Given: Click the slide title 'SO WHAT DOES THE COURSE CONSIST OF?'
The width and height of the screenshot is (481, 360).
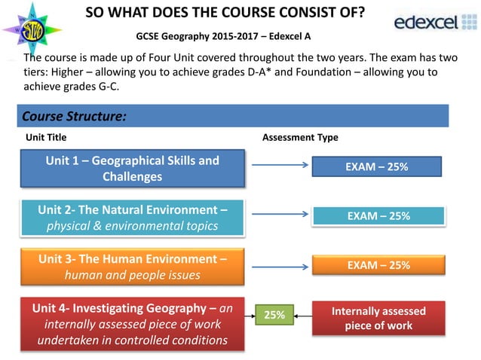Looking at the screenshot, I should click(225, 14).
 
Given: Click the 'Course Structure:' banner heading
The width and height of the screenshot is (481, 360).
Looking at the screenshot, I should click(74, 117).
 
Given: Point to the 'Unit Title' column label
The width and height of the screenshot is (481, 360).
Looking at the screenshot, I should click(46, 138).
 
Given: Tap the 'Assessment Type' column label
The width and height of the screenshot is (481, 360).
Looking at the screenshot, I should click(299, 138).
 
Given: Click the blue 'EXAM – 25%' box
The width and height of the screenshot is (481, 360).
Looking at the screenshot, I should click(378, 166).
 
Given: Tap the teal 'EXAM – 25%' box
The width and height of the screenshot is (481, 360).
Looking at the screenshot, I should click(378, 215).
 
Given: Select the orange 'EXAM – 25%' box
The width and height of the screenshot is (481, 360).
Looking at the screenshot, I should click(378, 265).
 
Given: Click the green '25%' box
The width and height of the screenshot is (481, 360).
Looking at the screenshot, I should click(273, 316).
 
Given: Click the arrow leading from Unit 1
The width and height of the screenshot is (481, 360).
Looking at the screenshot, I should click(277, 166).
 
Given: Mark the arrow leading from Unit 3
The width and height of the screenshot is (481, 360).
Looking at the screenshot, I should click(277, 264).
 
